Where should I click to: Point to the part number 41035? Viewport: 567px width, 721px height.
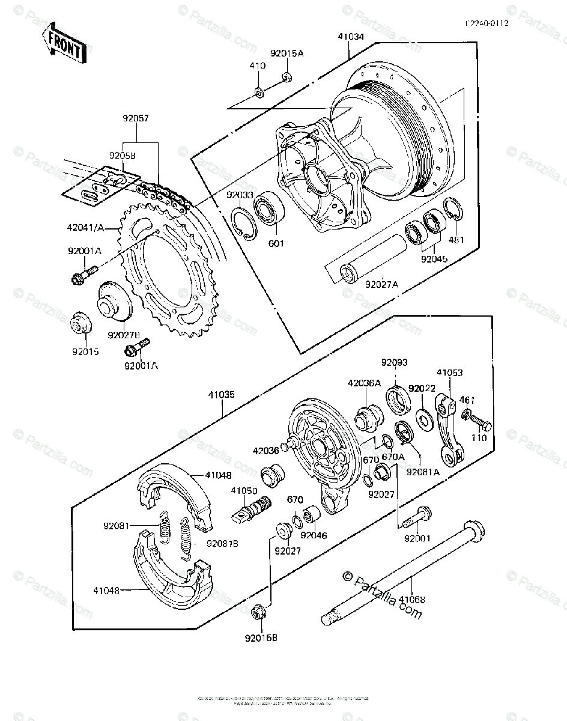coord(221,395)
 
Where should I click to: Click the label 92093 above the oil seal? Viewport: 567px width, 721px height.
coord(394,362)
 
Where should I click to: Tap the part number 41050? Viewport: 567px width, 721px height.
coord(244,490)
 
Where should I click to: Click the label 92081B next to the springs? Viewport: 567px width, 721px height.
coord(222,544)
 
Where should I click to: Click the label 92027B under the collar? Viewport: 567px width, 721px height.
coord(124,334)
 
